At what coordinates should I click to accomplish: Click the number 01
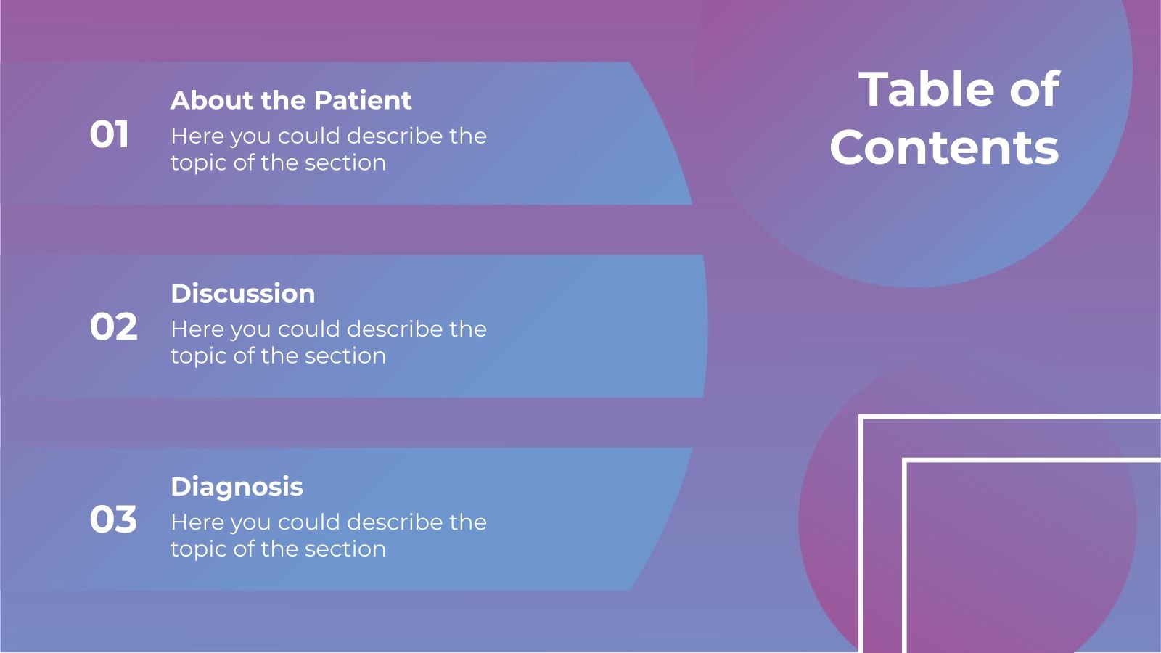(110, 135)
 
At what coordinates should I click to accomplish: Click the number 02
(113, 327)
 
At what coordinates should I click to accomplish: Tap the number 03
(113, 520)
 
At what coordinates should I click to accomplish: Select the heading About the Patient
(290, 100)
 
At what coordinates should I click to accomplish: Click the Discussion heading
(242, 293)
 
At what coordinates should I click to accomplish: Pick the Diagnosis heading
(237, 487)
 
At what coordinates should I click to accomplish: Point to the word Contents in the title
(944, 147)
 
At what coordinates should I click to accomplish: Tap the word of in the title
(1034, 89)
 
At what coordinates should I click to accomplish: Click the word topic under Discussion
(198, 356)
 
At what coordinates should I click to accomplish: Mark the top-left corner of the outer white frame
(861, 417)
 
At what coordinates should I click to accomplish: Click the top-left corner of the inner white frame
(905, 461)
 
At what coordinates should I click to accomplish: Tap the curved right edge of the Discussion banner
(705, 326)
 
